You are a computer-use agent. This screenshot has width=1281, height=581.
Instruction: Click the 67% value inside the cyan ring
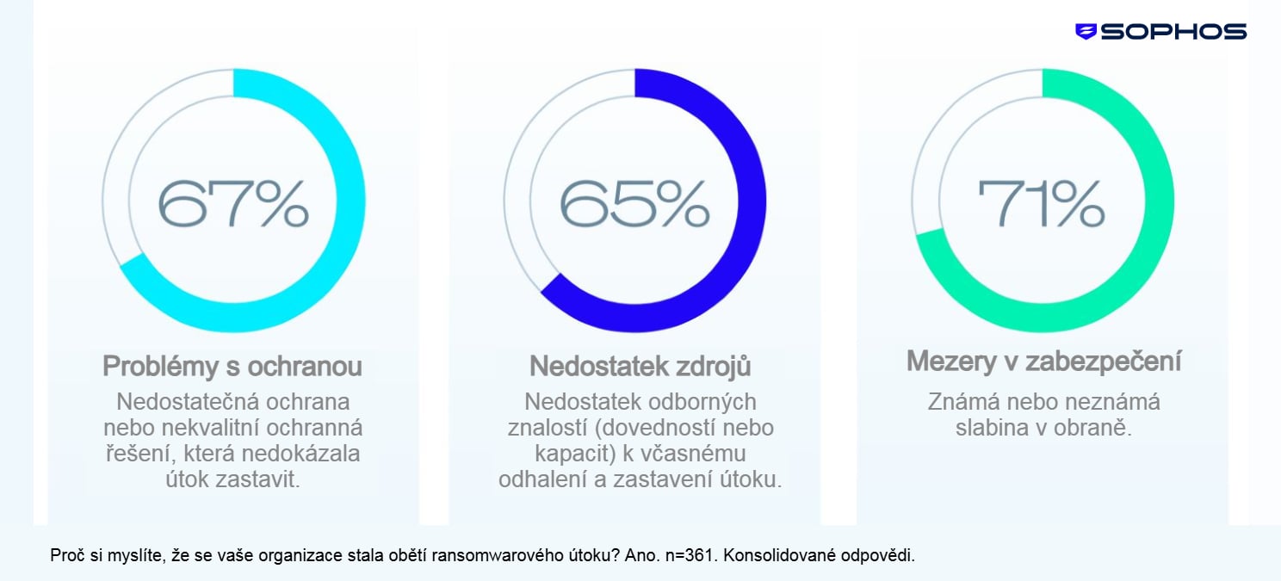(x=232, y=203)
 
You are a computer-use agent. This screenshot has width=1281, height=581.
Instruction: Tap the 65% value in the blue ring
(x=634, y=203)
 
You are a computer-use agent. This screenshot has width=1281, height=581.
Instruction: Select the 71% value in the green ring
(x=1041, y=203)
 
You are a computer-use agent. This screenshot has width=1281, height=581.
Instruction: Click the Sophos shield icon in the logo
(x=1086, y=32)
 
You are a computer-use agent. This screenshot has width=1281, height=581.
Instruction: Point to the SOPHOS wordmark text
(x=1173, y=32)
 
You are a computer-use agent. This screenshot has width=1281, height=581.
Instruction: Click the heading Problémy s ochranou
(x=232, y=367)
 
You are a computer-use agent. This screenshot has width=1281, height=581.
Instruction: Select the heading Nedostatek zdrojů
(x=640, y=367)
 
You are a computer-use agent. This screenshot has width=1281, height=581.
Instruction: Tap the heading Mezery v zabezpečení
(x=1043, y=362)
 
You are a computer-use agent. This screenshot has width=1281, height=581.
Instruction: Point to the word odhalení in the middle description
(x=542, y=479)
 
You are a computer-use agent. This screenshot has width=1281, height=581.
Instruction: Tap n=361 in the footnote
(x=689, y=555)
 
